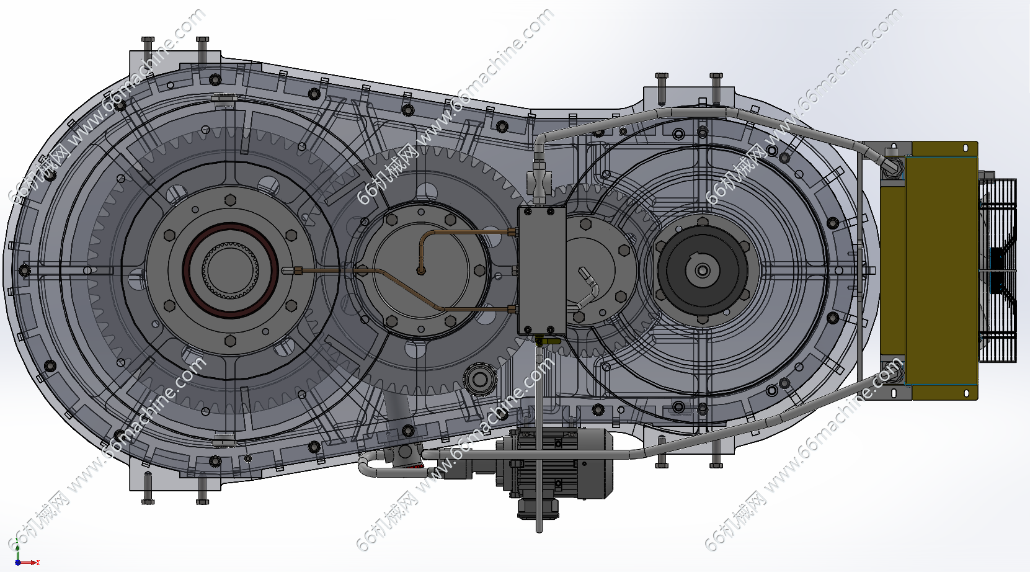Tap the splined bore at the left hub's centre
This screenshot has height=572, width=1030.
(x=230, y=270)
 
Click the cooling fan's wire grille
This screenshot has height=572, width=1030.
(x=997, y=270)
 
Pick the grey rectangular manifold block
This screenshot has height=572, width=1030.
(x=542, y=270)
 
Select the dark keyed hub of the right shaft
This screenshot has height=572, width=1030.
(x=702, y=270)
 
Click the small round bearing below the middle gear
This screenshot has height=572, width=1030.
(x=479, y=380)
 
